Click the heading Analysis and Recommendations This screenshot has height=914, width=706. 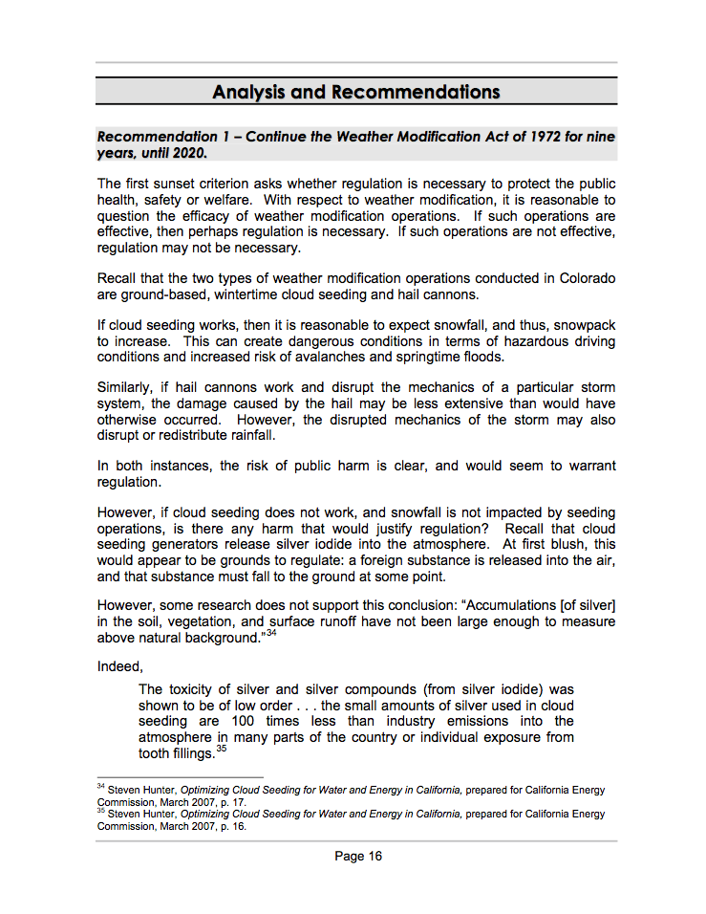[355, 92]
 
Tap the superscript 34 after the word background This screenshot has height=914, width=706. [271, 633]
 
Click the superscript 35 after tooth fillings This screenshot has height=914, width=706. [221, 750]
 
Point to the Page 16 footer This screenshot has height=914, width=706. [358, 856]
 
